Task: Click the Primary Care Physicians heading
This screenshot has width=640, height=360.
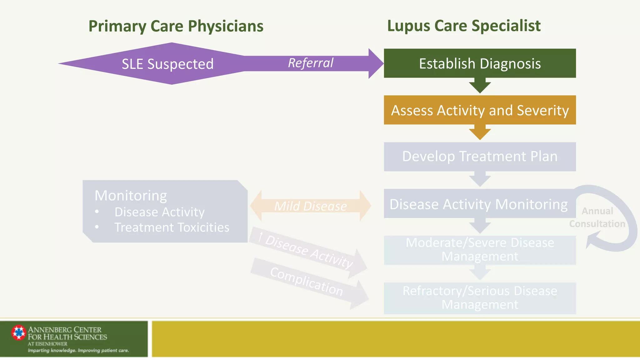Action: click(x=176, y=26)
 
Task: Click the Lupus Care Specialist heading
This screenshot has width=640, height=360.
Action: click(x=464, y=26)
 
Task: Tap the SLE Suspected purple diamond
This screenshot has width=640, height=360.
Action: click(x=167, y=64)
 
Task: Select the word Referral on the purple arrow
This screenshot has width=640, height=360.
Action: click(x=311, y=63)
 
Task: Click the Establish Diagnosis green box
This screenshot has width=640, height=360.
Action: click(x=480, y=63)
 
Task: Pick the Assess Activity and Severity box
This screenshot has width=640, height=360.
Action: click(x=480, y=110)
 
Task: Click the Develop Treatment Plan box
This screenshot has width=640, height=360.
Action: click(x=480, y=157)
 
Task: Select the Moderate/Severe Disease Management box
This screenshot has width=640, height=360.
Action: click(x=480, y=250)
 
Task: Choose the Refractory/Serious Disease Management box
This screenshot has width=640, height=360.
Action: click(x=480, y=298)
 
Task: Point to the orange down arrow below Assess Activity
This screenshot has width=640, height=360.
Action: click(x=480, y=132)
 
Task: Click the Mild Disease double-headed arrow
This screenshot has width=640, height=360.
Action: click(x=310, y=206)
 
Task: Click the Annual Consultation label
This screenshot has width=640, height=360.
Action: click(x=597, y=217)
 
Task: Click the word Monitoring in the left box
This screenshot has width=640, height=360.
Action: click(x=131, y=196)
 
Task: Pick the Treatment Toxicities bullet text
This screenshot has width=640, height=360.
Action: click(x=172, y=227)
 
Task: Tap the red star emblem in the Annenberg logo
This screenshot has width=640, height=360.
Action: click(x=19, y=332)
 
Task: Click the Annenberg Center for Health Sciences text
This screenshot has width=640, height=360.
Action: click(x=67, y=333)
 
